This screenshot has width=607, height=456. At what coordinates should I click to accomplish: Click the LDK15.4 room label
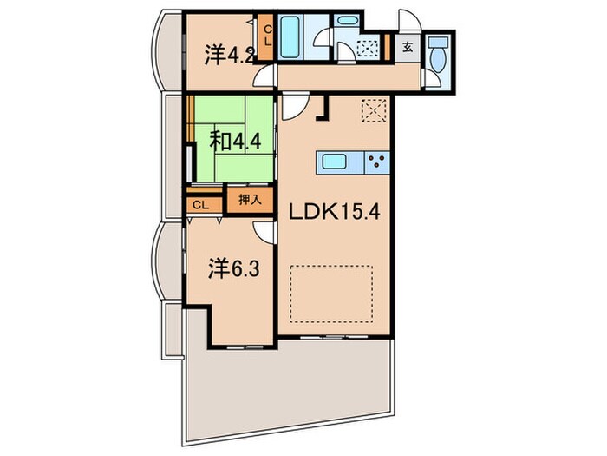335,212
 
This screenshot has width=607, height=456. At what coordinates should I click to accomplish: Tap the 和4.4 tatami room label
235,142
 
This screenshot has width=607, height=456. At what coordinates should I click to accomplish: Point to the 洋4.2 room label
229,55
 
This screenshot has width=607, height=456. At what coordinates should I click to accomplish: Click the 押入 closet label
250,200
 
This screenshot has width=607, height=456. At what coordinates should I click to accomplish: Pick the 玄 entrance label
408,47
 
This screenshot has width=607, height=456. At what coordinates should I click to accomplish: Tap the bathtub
290,37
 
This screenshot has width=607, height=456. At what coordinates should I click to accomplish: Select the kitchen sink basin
334,162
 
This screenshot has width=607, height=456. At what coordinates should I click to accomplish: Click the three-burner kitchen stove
377,162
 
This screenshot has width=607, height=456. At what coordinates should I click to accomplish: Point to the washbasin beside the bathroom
347,21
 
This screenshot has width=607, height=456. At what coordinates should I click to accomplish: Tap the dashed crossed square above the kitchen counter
374,110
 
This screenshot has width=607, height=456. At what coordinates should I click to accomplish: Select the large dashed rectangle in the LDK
331,294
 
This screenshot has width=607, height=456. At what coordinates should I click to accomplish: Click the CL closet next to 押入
201,205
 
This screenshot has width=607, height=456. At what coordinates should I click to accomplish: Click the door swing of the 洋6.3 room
264,233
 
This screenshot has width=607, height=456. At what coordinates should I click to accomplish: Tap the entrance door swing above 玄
409,19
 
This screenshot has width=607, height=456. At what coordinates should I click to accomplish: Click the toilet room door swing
431,79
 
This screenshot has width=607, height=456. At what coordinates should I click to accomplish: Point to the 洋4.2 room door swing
264,76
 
